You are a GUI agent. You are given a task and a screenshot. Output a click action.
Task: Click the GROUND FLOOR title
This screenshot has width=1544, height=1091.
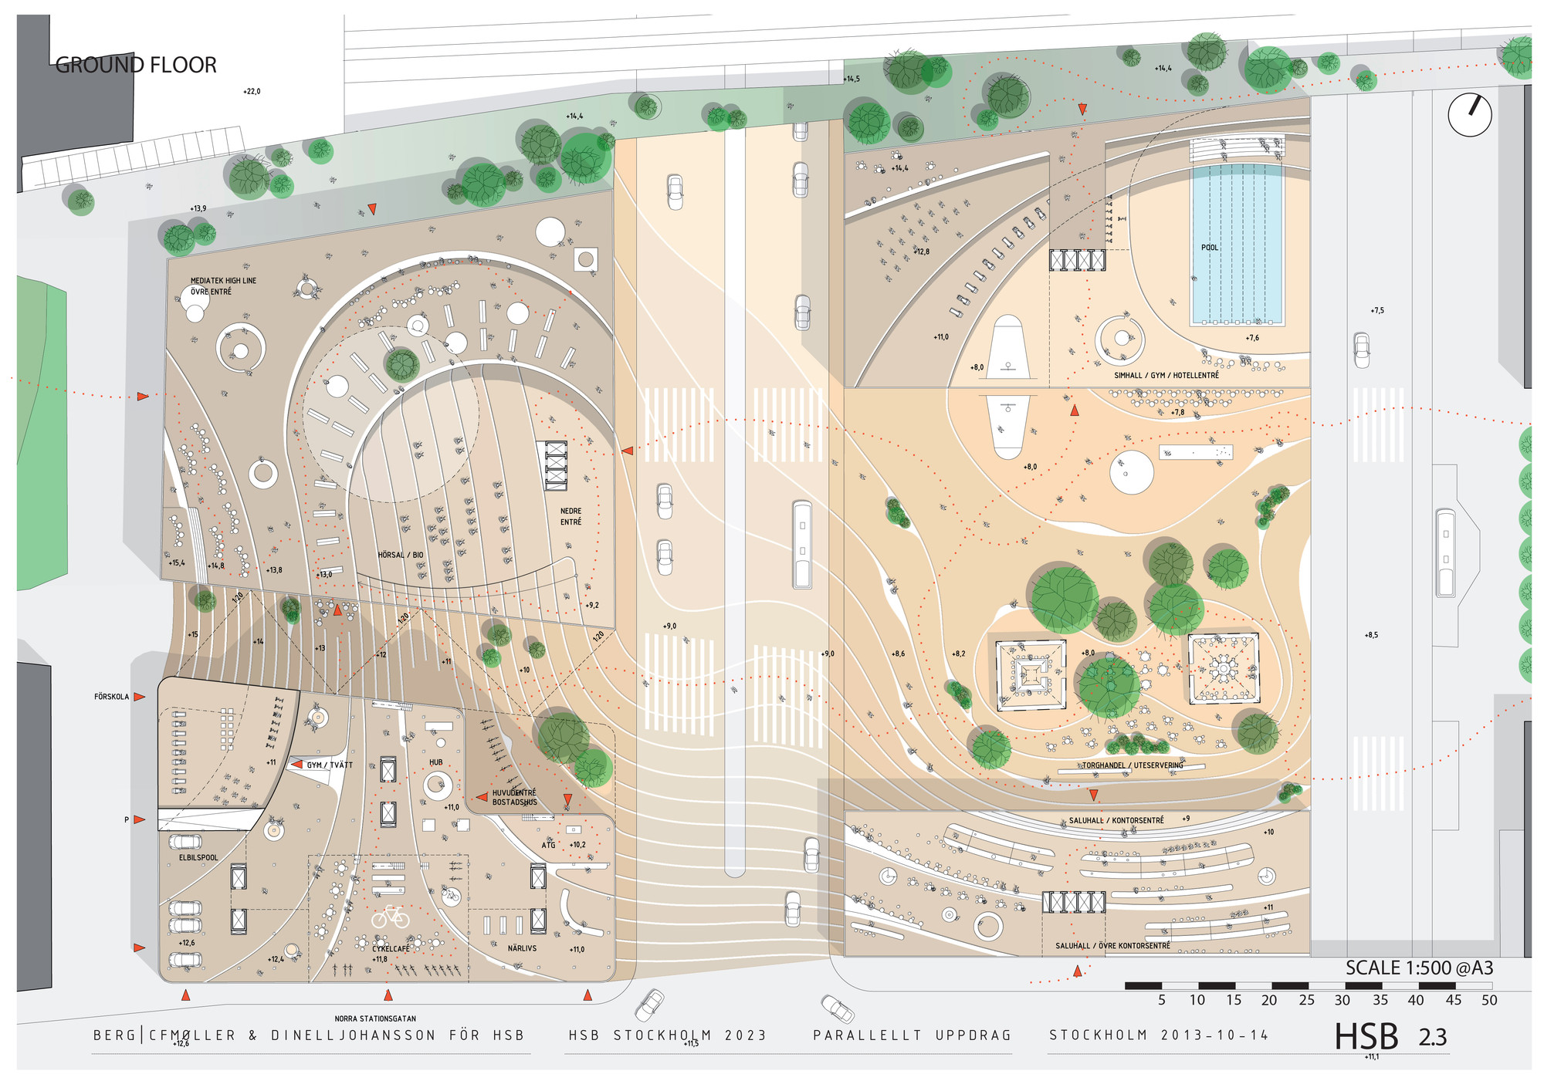pos(136,65)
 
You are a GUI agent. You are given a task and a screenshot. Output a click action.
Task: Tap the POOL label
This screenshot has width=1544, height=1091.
pos(1209,248)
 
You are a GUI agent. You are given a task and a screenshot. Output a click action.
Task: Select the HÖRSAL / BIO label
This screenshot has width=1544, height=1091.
pos(400,555)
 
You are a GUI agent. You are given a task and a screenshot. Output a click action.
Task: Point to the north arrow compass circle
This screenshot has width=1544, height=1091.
pos(1469,115)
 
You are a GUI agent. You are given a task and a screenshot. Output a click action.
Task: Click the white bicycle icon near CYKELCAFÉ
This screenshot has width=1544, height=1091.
pos(391,917)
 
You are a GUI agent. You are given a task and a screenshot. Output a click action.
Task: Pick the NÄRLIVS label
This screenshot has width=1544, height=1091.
pos(522,948)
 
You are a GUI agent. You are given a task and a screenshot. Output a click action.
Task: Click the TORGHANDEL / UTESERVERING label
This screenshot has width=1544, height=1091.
pos(1133,765)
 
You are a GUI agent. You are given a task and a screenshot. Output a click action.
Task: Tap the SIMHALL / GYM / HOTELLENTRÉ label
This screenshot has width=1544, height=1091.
pos(1166,375)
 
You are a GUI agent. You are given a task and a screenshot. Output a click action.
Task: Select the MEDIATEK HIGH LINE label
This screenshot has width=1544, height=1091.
pos(223,281)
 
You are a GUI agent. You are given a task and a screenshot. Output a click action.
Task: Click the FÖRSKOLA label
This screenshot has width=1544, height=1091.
pos(111,697)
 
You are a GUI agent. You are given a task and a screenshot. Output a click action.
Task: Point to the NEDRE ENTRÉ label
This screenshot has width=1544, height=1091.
pos(571,516)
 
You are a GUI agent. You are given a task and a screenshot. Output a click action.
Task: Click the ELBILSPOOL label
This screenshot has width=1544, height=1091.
pos(198,857)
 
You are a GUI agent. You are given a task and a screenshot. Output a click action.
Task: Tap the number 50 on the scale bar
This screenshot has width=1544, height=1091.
pos(1489,1000)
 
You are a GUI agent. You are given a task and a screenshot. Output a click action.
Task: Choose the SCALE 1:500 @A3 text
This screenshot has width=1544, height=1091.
pos(1419,968)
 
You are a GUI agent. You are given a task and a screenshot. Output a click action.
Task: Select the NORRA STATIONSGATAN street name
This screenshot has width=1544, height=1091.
pos(375,1018)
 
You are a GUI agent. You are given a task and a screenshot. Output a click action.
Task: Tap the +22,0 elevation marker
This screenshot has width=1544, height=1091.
pos(252,91)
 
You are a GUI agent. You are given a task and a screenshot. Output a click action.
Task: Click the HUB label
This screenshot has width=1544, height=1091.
pos(436,762)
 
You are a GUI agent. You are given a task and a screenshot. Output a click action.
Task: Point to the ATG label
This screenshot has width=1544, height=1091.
pos(548,845)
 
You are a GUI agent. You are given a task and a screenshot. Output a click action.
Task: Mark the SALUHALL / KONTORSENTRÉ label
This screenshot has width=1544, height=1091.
pos(1116,820)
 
